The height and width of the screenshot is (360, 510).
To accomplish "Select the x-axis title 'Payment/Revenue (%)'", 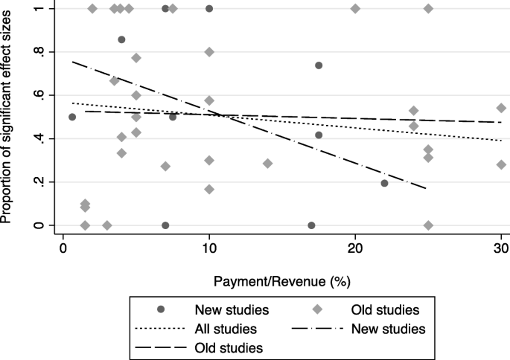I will pos(282,282).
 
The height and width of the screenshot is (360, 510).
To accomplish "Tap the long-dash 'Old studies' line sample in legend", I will pos(162,347).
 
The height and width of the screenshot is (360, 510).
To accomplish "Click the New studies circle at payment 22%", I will pos(384,183).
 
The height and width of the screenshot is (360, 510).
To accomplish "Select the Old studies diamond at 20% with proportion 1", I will pos(355,9).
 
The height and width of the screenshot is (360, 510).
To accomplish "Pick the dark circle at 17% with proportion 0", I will pos(311,225).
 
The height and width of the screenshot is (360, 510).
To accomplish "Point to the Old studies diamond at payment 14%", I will pos(267,164).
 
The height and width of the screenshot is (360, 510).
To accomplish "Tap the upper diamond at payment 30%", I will pos(501,108).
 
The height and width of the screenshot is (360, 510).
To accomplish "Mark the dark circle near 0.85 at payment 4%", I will pos(121,39).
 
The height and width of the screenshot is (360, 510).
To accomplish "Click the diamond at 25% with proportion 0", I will pos(428,225).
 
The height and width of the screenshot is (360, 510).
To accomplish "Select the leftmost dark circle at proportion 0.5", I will pos(72,117).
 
